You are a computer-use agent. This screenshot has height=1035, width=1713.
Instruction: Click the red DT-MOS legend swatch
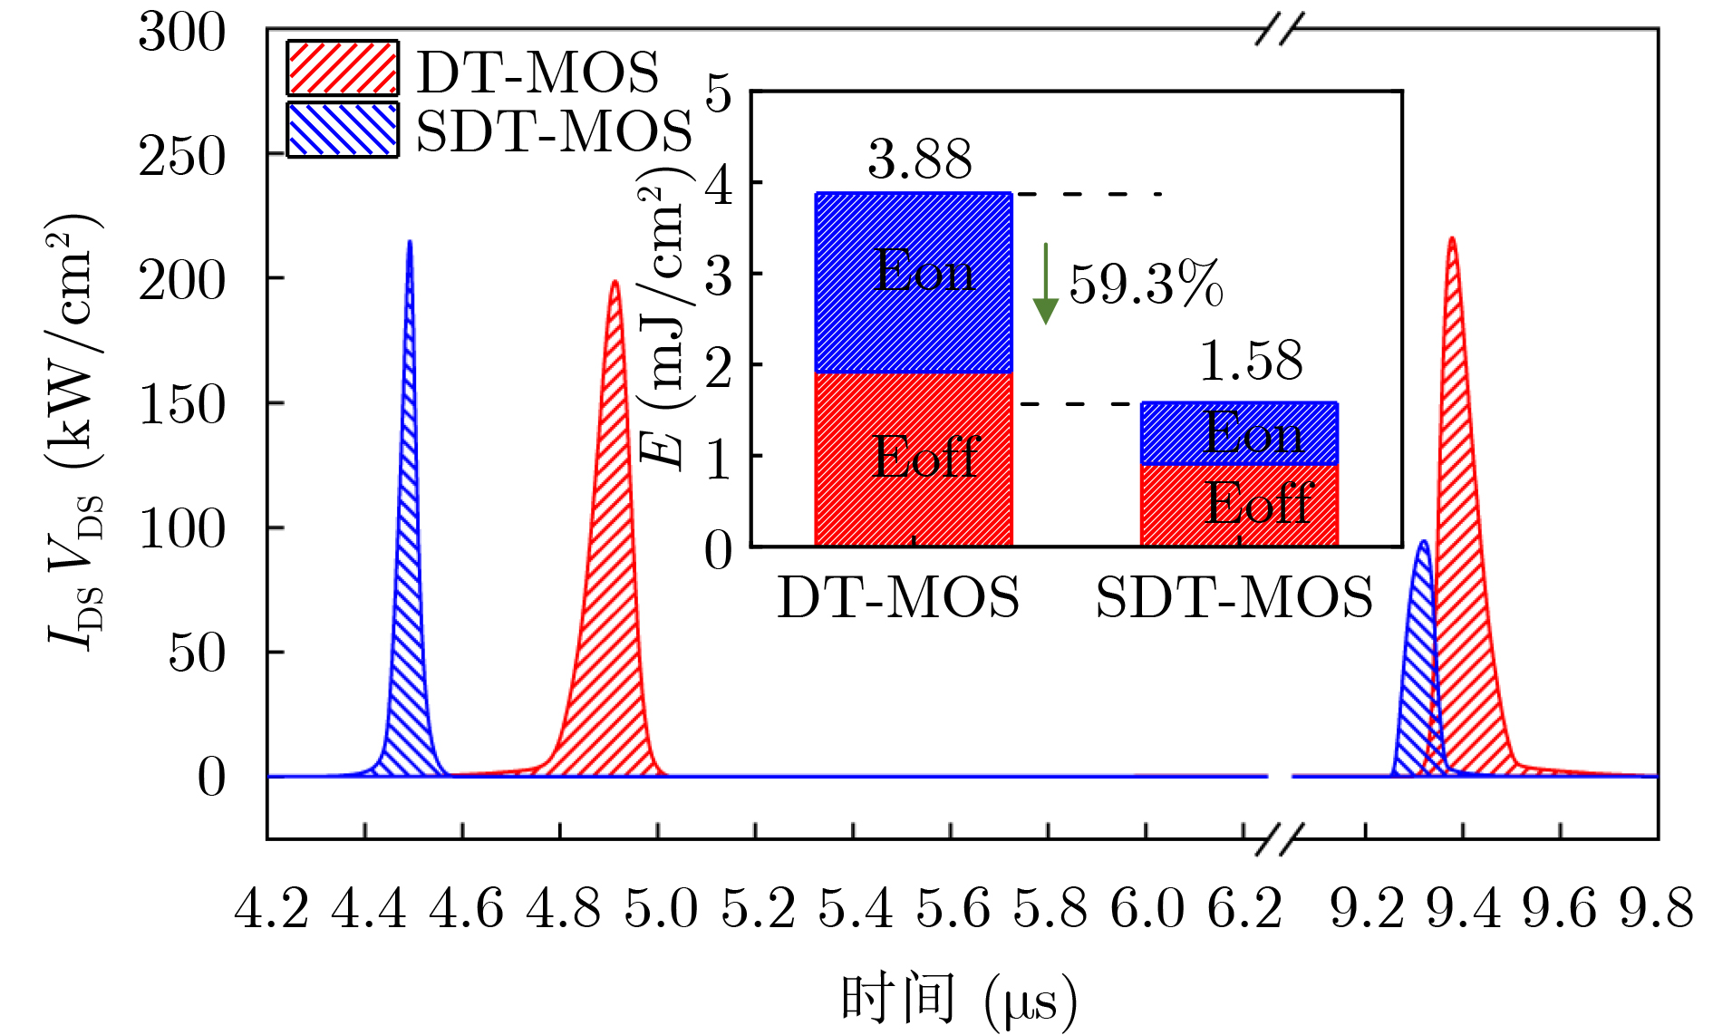(342, 68)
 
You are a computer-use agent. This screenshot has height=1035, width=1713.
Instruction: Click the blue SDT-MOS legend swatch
(342, 130)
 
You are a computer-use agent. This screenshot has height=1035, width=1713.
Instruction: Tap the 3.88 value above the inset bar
(919, 160)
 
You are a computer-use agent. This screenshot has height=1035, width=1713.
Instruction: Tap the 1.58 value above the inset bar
(1251, 361)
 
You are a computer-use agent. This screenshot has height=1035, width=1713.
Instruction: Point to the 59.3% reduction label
(1147, 285)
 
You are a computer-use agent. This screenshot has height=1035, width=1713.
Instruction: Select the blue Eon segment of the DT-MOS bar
(914, 282)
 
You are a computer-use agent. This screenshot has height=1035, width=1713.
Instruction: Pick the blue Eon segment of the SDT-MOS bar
(1239, 433)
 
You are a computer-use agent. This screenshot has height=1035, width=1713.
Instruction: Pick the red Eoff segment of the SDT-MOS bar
(1239, 506)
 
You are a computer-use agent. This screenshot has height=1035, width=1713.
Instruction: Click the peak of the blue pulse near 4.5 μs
(410, 242)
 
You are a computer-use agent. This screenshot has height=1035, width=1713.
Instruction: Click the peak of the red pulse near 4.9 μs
(615, 282)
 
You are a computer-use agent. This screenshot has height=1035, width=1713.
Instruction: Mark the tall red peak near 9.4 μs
(1452, 239)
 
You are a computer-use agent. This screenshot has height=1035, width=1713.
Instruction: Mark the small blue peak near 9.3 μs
(1423, 542)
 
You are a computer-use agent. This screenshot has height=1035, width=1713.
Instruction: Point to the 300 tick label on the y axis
(181, 34)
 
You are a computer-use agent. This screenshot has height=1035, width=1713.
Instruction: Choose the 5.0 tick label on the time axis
(661, 908)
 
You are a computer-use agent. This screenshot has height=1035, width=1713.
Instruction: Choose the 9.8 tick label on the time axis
(1656, 908)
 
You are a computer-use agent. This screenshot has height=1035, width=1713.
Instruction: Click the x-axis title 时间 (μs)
(959, 1001)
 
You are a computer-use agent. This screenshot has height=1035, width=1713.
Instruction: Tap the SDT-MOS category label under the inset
(1234, 598)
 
